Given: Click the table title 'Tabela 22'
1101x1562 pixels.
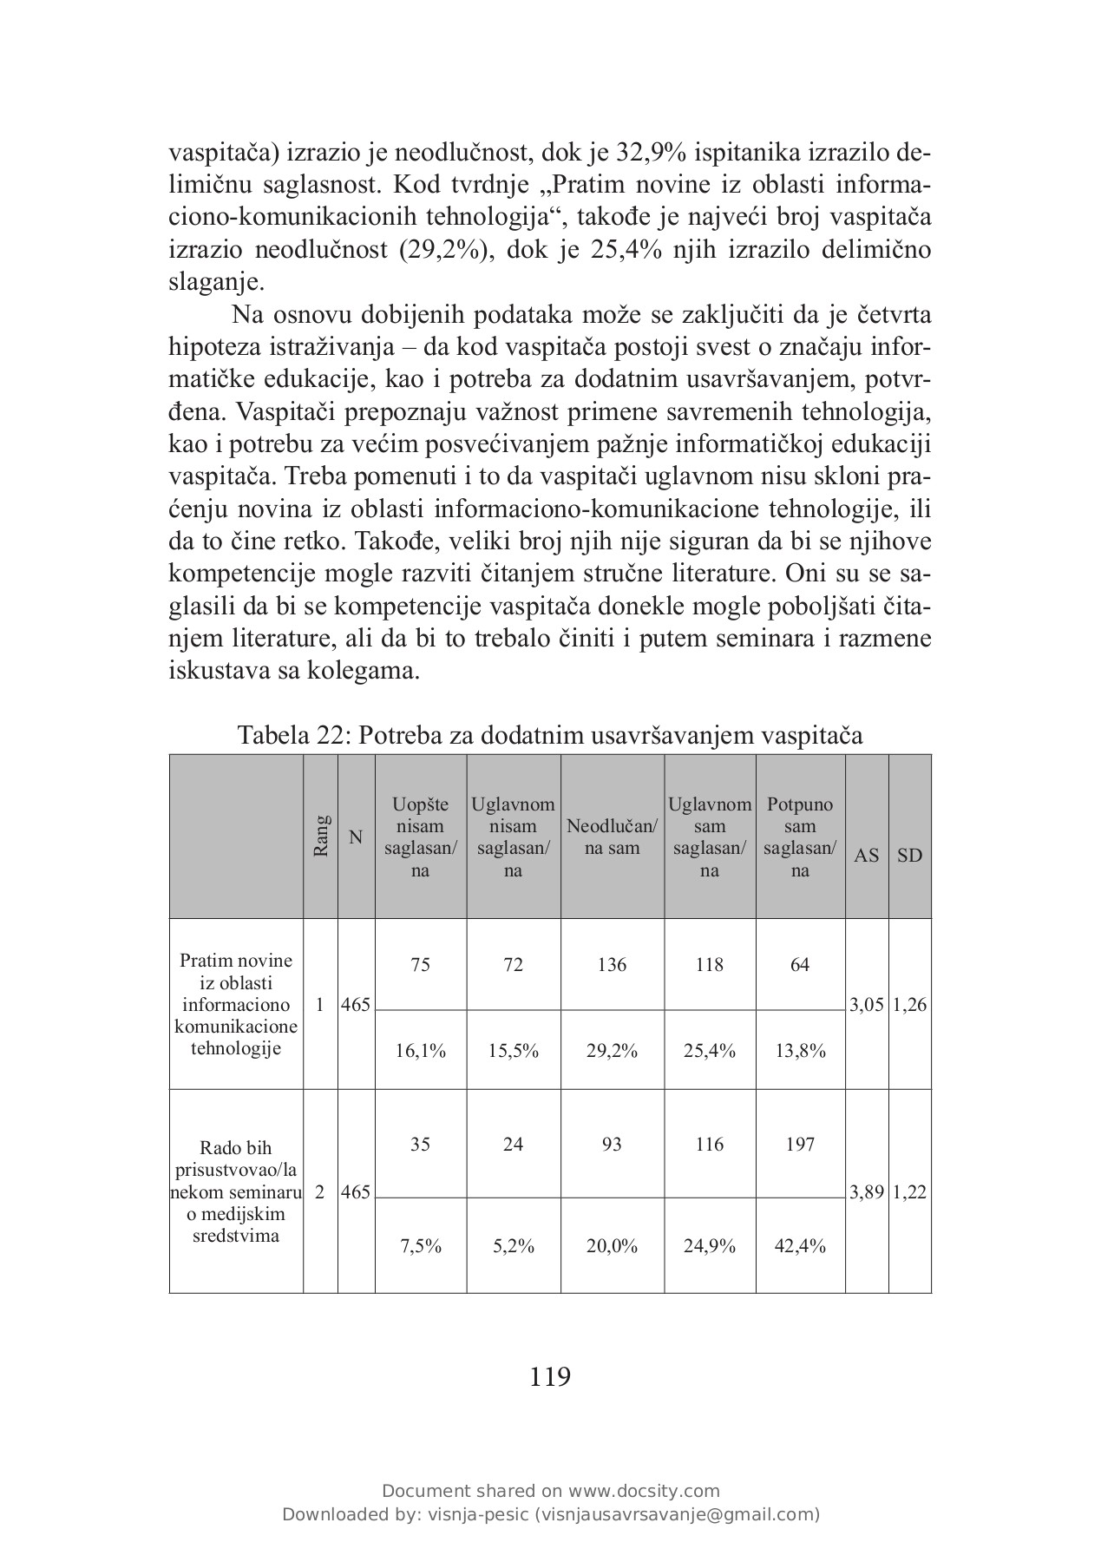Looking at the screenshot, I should tap(550, 735).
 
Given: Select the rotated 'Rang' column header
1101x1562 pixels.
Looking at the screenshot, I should tap(321, 836).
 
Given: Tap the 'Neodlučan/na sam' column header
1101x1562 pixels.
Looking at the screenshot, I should tap(612, 837).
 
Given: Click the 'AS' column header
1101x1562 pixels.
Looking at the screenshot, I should tap(866, 855).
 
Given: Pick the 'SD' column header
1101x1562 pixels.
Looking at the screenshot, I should tap(909, 855).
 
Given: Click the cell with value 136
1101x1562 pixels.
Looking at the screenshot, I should tap(612, 964).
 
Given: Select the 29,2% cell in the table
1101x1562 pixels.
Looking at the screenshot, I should tap(612, 1051).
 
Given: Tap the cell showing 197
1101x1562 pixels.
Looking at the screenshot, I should tap(799, 1144).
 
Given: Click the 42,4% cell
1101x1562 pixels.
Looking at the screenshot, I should tap(799, 1246).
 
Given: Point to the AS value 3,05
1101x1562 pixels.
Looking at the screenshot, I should tap(866, 1005).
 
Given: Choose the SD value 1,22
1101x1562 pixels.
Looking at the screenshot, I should tap(909, 1192).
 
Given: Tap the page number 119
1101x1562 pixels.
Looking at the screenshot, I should tap(550, 1376).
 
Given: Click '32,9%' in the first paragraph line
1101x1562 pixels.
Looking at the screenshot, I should tap(651, 153).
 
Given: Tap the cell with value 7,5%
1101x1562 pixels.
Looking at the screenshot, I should tap(420, 1246).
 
